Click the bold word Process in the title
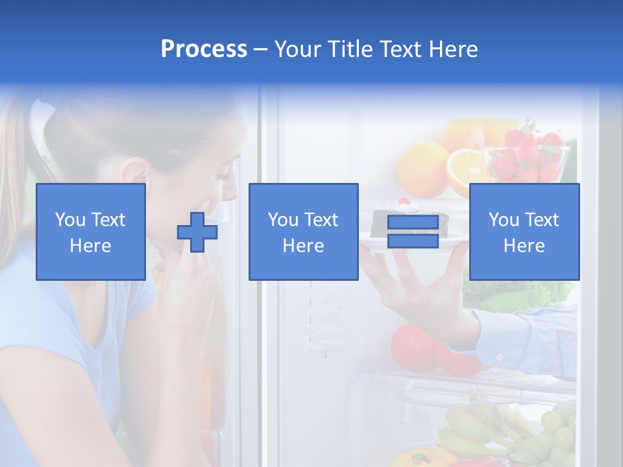(x=204, y=49)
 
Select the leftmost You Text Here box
(x=90, y=232)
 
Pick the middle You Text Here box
(x=303, y=232)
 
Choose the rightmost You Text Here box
(x=524, y=232)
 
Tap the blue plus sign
(x=197, y=232)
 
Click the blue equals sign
(x=413, y=232)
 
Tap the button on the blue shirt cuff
(x=500, y=355)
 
